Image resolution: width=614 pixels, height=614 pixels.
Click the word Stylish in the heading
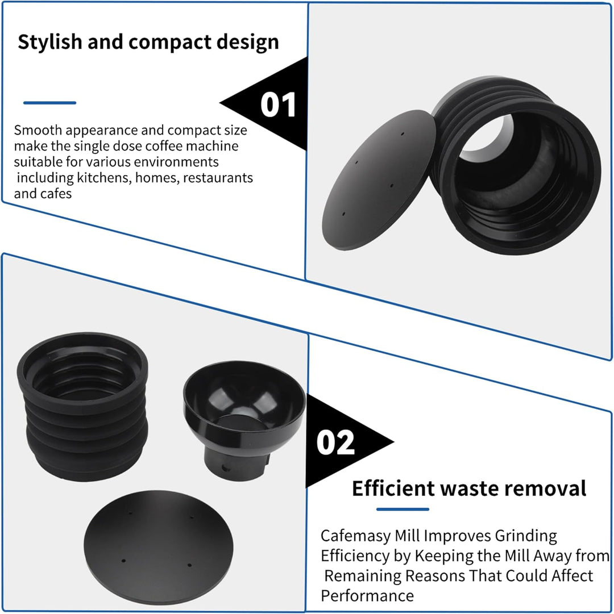click(50, 42)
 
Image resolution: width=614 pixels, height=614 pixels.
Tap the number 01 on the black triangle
click(278, 105)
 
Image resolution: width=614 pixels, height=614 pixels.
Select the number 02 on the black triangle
click(335, 442)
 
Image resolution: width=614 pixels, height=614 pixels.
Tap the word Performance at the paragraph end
click(367, 596)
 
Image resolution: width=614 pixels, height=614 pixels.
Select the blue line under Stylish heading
click(50, 103)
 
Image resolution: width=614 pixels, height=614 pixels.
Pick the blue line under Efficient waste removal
click(403, 509)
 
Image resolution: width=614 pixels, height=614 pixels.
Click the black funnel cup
click(244, 419)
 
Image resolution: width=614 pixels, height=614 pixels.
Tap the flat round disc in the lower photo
click(158, 547)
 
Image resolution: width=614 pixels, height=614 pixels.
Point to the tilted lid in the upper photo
click(378, 179)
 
